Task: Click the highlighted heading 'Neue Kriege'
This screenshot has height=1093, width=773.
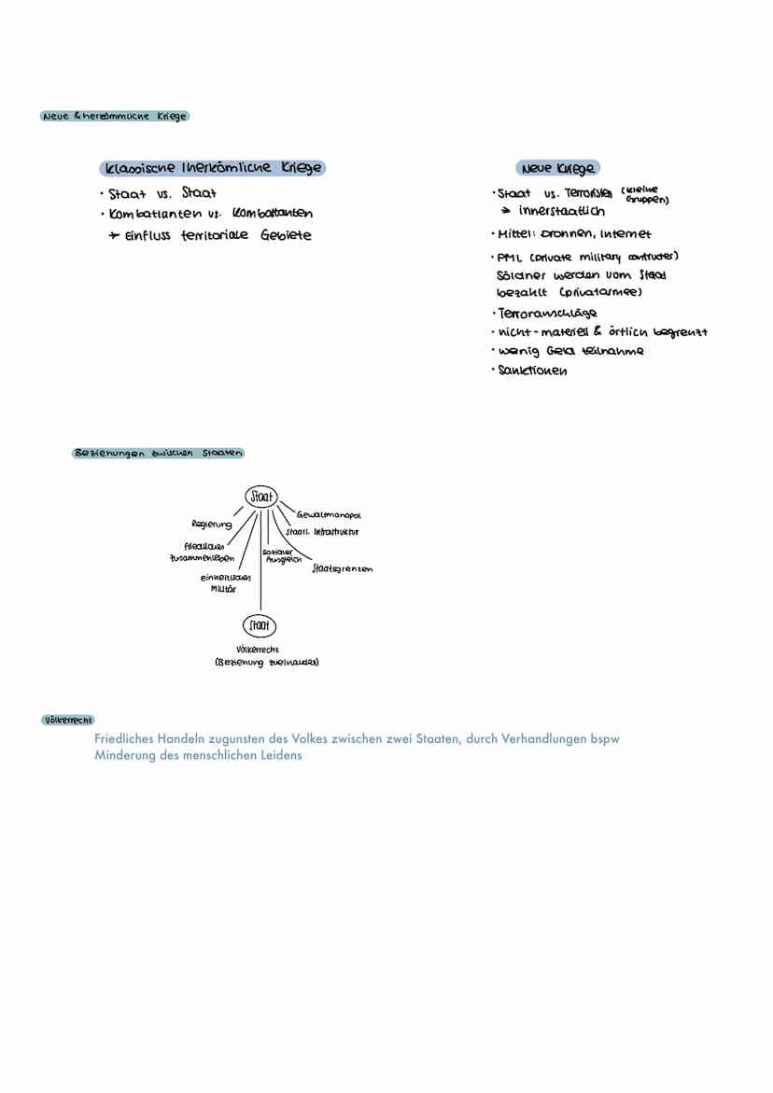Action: click(x=558, y=168)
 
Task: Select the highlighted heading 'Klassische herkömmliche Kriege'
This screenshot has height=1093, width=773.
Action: click(x=214, y=168)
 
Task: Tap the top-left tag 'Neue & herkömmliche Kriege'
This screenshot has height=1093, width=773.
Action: click(x=114, y=116)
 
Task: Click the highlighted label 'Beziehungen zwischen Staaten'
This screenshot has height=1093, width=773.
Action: click(x=158, y=453)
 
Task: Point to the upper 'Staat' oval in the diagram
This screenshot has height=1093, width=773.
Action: click(x=260, y=497)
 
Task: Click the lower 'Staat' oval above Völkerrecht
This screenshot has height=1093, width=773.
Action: click(x=260, y=624)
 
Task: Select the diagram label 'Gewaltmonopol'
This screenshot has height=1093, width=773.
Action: click(x=328, y=514)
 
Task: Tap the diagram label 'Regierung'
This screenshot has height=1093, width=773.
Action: click(x=211, y=525)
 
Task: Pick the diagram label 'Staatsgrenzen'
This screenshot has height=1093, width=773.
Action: click(x=342, y=568)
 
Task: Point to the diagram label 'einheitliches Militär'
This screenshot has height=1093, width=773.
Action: click(x=218, y=582)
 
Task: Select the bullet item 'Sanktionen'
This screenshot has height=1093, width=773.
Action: click(x=533, y=371)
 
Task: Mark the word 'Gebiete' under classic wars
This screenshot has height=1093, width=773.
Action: click(x=286, y=235)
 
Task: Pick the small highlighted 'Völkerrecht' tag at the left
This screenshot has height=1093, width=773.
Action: click(x=68, y=720)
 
